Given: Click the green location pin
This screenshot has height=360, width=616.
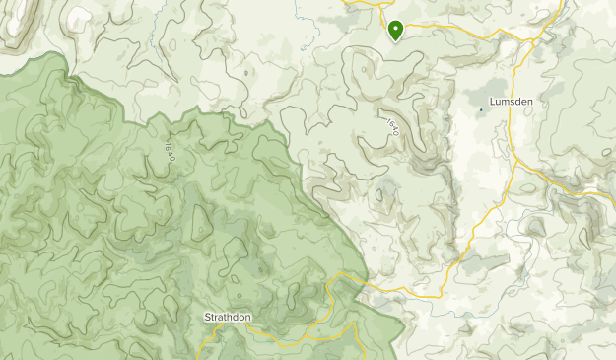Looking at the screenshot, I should [x=396, y=32].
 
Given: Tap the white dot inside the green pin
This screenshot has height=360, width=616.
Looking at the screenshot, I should [x=396, y=29].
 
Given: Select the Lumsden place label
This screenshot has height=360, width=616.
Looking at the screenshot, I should [x=510, y=101].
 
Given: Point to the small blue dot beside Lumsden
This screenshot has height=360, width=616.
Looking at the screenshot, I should [x=482, y=108].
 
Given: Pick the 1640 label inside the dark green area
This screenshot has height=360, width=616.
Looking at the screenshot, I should [x=170, y=150].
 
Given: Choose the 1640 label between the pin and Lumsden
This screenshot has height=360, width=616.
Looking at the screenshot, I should [x=393, y=126].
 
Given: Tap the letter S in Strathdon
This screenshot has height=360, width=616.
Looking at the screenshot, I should [x=206, y=317].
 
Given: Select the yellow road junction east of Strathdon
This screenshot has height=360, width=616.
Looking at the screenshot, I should [x=337, y=273].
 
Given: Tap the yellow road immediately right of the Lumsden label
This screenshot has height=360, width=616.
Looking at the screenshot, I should [x=535, y=101].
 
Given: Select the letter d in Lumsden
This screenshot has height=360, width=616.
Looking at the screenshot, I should [x=516, y=101].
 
